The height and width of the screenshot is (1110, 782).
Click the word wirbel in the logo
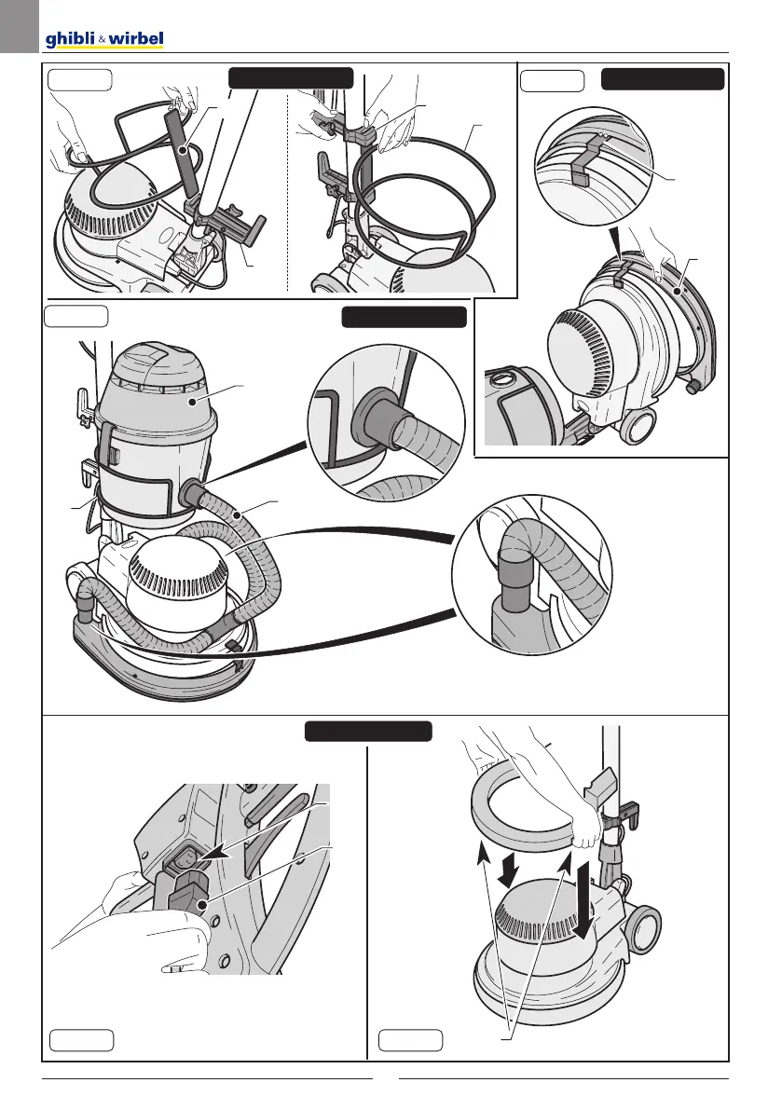point(136,39)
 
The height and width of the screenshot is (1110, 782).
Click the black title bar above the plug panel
point(368,731)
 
